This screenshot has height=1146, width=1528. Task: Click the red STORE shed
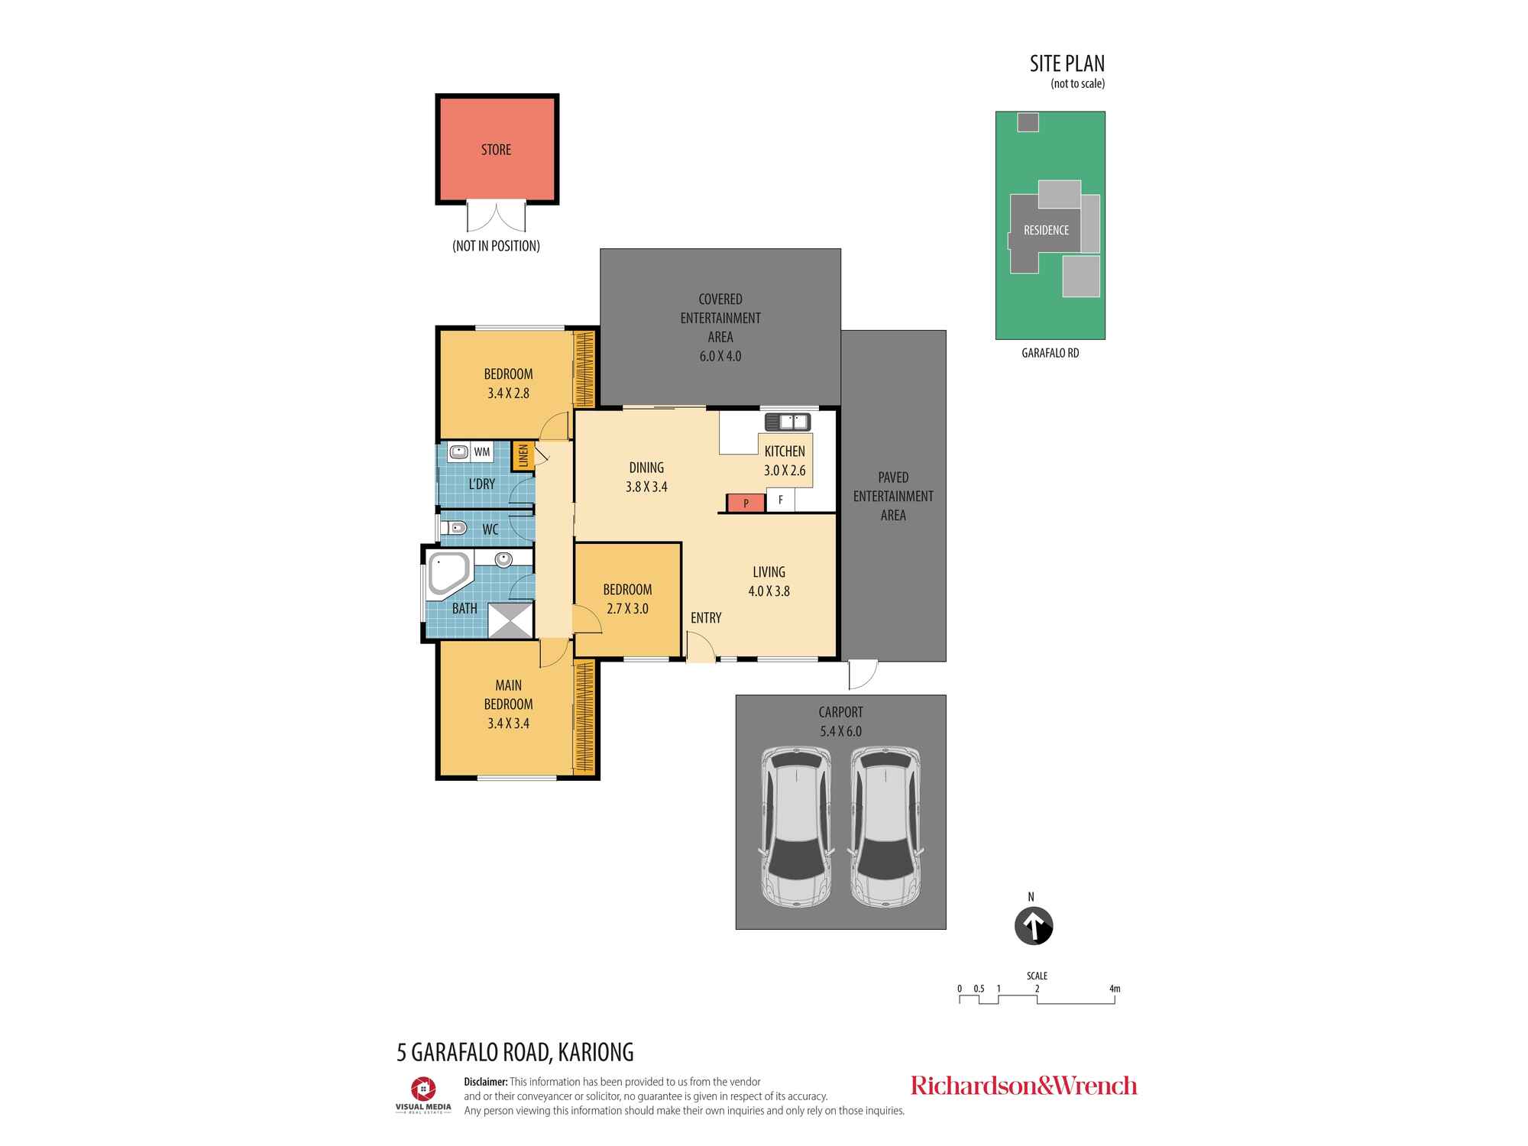click(x=497, y=149)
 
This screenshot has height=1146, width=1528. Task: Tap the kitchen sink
click(x=787, y=422)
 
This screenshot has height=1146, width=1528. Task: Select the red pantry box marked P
click(x=745, y=503)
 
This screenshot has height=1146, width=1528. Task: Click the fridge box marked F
click(x=780, y=500)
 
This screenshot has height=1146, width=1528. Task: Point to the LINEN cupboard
click(x=523, y=456)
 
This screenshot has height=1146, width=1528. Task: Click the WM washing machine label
click(x=482, y=452)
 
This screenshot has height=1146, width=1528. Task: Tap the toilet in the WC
click(x=455, y=527)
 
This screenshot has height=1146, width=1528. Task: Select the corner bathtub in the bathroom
click(x=449, y=574)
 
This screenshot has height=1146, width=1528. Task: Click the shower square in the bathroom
click(x=510, y=620)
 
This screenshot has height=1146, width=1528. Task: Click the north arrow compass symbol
click(x=1034, y=927)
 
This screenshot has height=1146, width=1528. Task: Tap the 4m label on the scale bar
click(x=1115, y=989)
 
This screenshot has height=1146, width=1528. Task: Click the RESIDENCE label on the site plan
click(x=1046, y=230)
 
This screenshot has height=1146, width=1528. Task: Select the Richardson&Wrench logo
click(x=1024, y=1086)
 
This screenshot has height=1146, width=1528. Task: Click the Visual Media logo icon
click(x=423, y=1089)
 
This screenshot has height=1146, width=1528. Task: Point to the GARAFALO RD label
click(x=1050, y=354)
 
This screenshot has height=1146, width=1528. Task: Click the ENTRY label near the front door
click(x=706, y=618)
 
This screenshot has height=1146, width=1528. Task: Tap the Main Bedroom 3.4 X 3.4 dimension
click(x=509, y=724)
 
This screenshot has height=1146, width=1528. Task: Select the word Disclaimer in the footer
click(x=486, y=1082)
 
